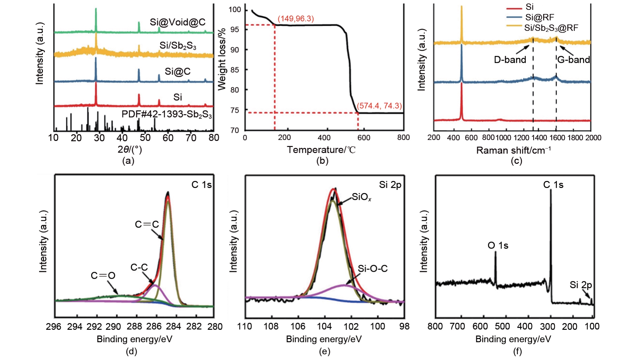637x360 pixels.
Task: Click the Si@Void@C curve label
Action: [x=178, y=22]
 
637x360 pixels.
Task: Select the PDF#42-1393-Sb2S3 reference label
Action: [x=167, y=114]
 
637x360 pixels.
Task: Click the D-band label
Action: [x=510, y=60]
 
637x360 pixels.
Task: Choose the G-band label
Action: [x=573, y=60]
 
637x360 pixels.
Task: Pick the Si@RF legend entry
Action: [x=540, y=17]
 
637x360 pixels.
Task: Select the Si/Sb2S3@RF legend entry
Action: [x=551, y=28]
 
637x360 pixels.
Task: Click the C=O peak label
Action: [x=103, y=275]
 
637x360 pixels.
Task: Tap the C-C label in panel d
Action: [x=139, y=267]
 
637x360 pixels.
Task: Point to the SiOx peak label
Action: [x=361, y=197]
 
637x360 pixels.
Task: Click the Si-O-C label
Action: [x=372, y=269]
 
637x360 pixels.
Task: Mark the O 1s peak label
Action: [x=498, y=245]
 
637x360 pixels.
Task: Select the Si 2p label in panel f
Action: [x=580, y=285]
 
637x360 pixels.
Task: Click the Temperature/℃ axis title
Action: [x=321, y=150]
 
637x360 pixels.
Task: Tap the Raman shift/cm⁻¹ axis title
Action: [x=513, y=150]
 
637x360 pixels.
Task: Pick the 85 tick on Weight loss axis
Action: [x=235, y=70]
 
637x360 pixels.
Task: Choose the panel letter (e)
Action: [x=324, y=351]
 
